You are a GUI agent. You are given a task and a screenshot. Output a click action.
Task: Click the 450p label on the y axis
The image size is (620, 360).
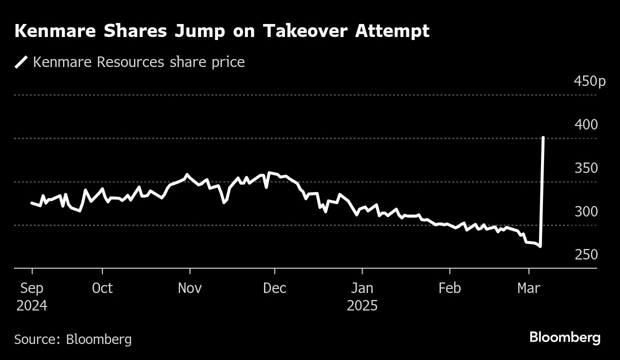tap(589, 81)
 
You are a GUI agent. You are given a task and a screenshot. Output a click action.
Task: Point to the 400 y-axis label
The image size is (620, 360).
tap(585, 124)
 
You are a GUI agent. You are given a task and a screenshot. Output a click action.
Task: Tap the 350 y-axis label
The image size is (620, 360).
tap(585, 168)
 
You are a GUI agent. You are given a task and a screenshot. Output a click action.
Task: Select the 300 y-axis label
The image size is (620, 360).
tap(585, 211)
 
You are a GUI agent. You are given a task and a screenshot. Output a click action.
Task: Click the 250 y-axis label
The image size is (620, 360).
tap(585, 255)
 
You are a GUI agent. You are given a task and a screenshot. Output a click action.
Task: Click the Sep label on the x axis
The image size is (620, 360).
tap(31, 288)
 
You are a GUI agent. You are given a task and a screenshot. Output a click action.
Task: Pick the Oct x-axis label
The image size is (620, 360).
tap(102, 288)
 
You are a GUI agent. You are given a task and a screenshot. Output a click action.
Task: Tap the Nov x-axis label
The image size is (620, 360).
tap(189, 288)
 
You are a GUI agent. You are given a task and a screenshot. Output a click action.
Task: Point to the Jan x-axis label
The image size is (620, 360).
tap(361, 288)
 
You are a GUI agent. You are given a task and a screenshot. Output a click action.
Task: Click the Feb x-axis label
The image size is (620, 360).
tap(449, 288)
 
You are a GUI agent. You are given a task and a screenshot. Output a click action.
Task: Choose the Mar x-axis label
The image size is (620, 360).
tap(528, 288)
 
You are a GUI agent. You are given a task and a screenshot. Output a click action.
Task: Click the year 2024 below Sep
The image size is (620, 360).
tap(31, 306)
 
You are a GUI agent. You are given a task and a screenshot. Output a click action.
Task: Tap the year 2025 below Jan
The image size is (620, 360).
tap(361, 306)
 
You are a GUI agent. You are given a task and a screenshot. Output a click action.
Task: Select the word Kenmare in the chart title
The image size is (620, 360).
tap(43, 31)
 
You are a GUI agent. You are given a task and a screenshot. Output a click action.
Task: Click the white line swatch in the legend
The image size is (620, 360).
tap(21, 62)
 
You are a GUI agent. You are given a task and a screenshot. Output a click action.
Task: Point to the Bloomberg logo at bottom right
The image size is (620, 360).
tap(564, 337)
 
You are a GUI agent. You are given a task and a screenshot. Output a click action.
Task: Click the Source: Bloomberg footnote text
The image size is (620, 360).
tap(73, 339)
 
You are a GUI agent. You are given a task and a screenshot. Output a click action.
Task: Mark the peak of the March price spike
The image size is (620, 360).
tap(543, 137)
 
